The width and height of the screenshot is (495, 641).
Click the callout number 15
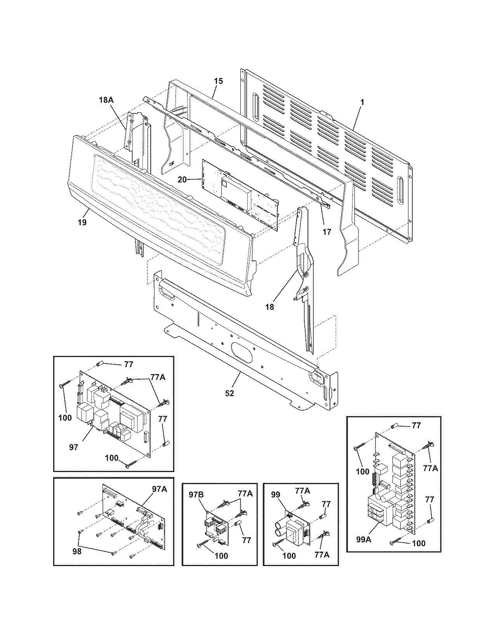point(219,81)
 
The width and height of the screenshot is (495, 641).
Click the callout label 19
point(82,222)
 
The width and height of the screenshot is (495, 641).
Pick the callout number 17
point(327,232)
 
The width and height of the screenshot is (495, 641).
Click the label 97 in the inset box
point(74,447)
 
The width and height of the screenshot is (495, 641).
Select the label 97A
point(159,489)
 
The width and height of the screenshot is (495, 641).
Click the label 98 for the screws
point(77,551)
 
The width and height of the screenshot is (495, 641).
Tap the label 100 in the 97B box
point(221,556)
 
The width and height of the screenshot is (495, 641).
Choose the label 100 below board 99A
point(419,543)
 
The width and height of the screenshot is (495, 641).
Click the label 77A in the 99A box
point(430,469)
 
